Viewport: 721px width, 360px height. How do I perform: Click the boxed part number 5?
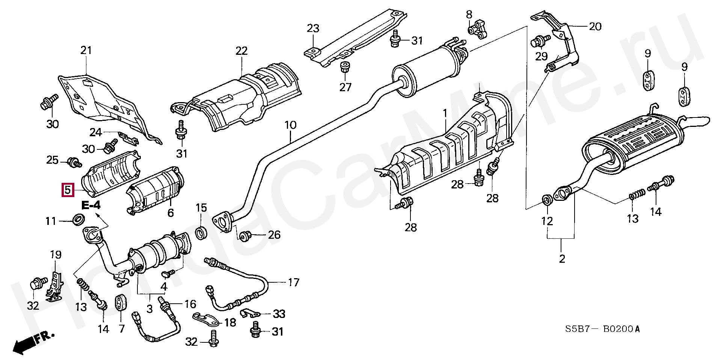(68, 190)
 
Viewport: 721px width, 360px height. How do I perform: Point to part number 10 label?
(290, 125)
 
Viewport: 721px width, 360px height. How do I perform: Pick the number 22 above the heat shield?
(241, 51)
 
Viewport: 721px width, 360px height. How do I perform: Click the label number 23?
(313, 29)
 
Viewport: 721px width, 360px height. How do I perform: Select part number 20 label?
(595, 27)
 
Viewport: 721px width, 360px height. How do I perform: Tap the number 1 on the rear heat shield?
(445, 113)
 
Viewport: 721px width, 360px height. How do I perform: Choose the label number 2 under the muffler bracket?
(562, 259)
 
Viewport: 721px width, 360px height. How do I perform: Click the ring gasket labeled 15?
(202, 233)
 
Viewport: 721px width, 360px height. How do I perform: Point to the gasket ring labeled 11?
(78, 219)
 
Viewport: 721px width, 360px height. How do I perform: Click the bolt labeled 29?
(539, 41)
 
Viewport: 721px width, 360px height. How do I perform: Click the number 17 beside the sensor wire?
(293, 282)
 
